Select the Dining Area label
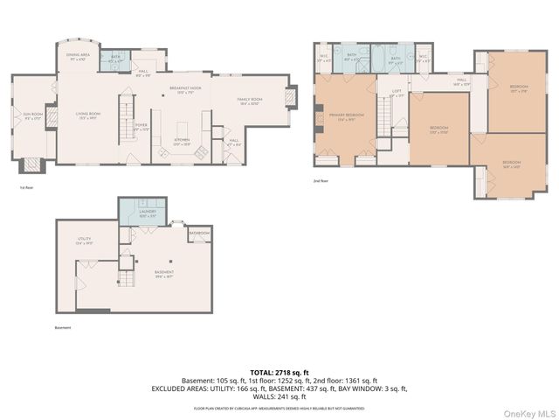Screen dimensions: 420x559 click(77, 58)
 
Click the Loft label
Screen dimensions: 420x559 click(396, 93)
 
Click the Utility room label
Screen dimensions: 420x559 click(84, 241)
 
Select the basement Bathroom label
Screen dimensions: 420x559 click(199, 233)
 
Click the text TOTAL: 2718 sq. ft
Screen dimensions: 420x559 click(279, 373)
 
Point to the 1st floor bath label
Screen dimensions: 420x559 click(116, 60)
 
